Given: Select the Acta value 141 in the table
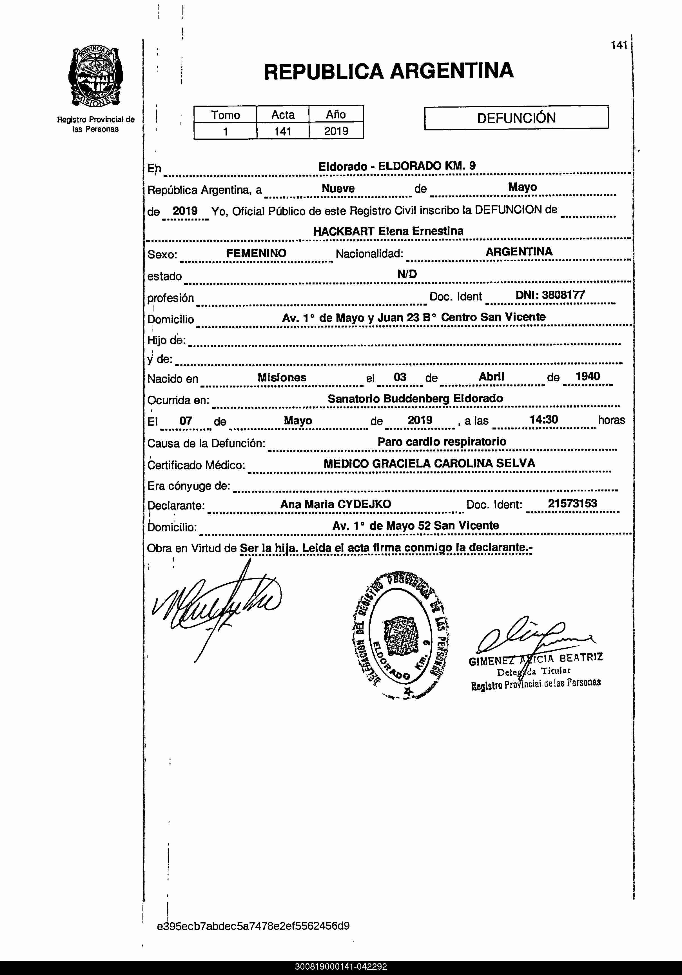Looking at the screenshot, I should tap(282, 131).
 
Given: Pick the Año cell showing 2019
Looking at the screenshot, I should tap(336, 131).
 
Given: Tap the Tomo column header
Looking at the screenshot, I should tap(226, 115).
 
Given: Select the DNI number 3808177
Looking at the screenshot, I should tap(563, 295).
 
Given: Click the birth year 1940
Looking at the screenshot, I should tap(587, 376).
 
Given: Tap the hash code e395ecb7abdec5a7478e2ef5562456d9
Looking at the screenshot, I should tap(253, 926).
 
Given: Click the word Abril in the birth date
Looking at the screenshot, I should tap(491, 377).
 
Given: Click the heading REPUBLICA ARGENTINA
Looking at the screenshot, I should tap(389, 71).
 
